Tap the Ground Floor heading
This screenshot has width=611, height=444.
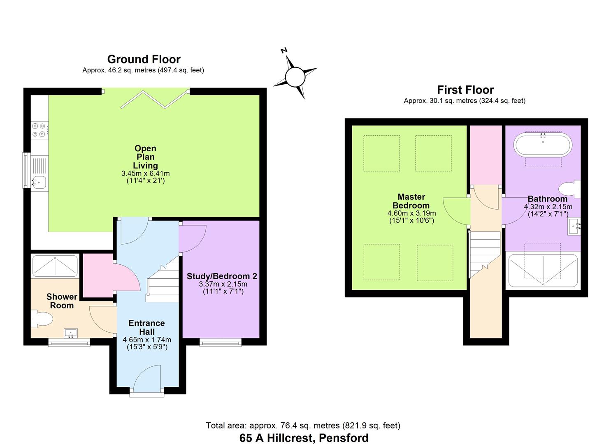tap(144, 59)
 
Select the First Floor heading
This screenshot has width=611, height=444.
tap(465, 90)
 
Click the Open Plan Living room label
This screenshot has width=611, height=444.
tap(145, 157)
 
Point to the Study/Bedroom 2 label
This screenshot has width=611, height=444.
tap(222, 276)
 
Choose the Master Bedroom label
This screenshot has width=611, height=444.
tap(411, 201)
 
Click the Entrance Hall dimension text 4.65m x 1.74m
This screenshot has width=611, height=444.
tap(147, 340)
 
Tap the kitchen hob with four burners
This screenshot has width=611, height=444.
tap(39, 130)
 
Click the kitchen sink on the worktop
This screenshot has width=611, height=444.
tap(39, 181)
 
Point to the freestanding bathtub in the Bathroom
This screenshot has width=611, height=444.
tap(543, 144)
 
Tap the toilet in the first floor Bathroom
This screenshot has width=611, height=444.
tap(570, 189)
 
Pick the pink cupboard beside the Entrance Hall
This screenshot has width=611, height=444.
tap(98, 275)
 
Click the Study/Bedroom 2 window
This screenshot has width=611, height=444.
tap(221, 342)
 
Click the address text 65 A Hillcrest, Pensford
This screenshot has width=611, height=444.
tap(304, 438)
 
